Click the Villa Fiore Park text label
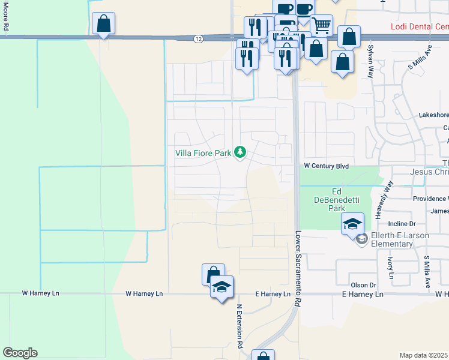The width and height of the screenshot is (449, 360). tap(203, 153)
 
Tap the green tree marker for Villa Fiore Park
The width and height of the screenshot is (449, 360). tap(240, 152)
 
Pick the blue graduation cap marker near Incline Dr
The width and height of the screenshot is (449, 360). tap(352, 225)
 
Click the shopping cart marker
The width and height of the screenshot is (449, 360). tap(322, 25)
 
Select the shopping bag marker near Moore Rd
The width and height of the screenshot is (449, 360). tap(104, 25)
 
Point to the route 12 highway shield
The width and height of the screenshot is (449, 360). tap(198, 39)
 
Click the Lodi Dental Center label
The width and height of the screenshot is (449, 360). tap(419, 27)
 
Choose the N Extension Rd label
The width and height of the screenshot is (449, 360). tap(238, 326)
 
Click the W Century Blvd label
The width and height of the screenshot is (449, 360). tap(326, 165)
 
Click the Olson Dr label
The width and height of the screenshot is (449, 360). tap(363, 285)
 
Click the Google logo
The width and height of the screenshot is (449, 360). tap(20, 353)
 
